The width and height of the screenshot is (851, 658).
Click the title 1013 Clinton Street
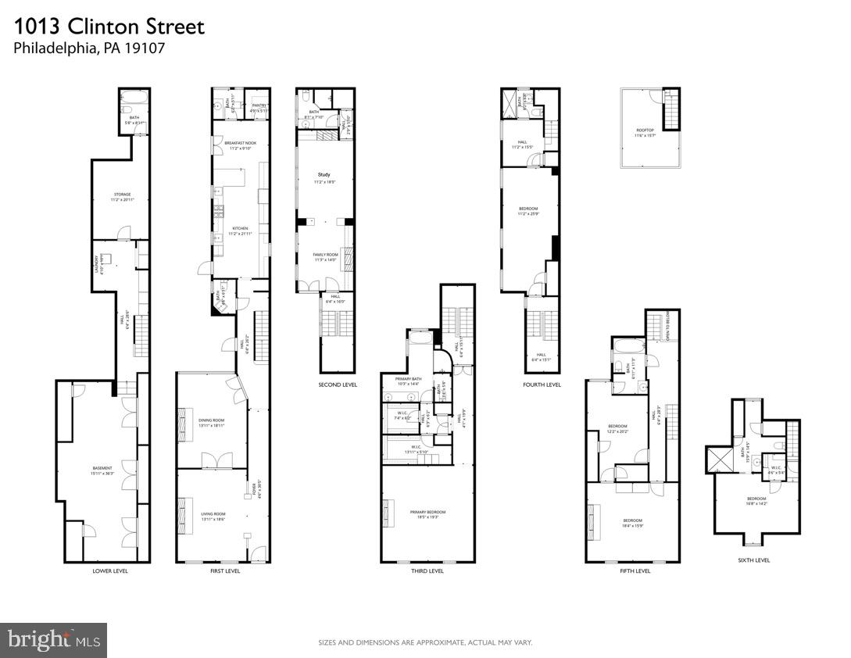click(109, 27)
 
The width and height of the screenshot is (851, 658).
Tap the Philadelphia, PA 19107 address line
click(89, 48)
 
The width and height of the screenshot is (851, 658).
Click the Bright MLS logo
click(53, 640)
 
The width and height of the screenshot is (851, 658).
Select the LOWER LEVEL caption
click(109, 571)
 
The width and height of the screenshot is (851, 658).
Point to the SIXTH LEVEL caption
click(753, 560)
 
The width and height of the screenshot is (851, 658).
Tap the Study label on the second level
click(324, 174)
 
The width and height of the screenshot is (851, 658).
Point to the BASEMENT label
click(102, 469)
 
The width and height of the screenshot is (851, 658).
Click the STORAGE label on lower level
click(121, 195)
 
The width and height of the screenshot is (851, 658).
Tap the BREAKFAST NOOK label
click(241, 143)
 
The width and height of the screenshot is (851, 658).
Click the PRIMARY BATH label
click(409, 379)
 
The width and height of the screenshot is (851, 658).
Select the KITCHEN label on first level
click(240, 229)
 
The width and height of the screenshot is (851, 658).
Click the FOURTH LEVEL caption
click(542, 384)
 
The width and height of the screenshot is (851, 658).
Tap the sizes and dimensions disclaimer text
click(425, 642)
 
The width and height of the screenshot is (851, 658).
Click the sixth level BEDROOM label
click(756, 499)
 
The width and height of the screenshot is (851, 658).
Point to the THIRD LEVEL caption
click(427, 571)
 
